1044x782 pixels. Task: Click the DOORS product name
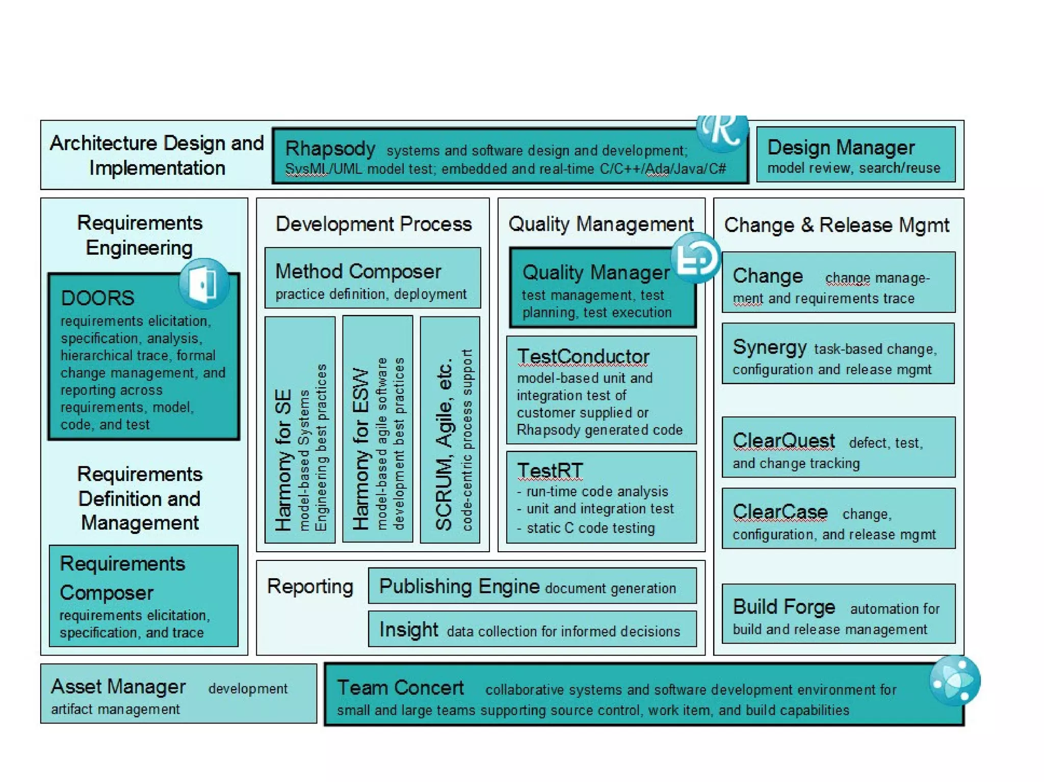pos(97,298)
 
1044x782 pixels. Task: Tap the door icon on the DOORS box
pos(204,283)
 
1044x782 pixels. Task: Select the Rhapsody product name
pos(330,149)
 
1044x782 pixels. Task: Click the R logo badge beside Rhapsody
pos(722,131)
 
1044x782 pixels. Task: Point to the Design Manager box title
pos(841,147)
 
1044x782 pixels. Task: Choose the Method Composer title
pos(358,272)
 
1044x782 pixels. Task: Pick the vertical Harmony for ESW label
pos(360,448)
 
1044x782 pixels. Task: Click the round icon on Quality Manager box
pos(695,258)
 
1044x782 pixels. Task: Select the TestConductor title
pos(583,357)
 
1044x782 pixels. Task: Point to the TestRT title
pos(550,471)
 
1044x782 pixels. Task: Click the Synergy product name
pos(769,347)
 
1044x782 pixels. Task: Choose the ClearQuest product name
pos(784,441)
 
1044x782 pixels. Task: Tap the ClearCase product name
pos(780,512)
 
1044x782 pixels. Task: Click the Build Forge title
pos(784,607)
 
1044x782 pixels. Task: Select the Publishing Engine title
pos(459,586)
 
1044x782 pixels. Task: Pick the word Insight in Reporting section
pos(408,630)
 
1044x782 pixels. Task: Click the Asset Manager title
pos(118,687)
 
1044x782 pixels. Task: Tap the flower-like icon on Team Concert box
pos(954,681)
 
